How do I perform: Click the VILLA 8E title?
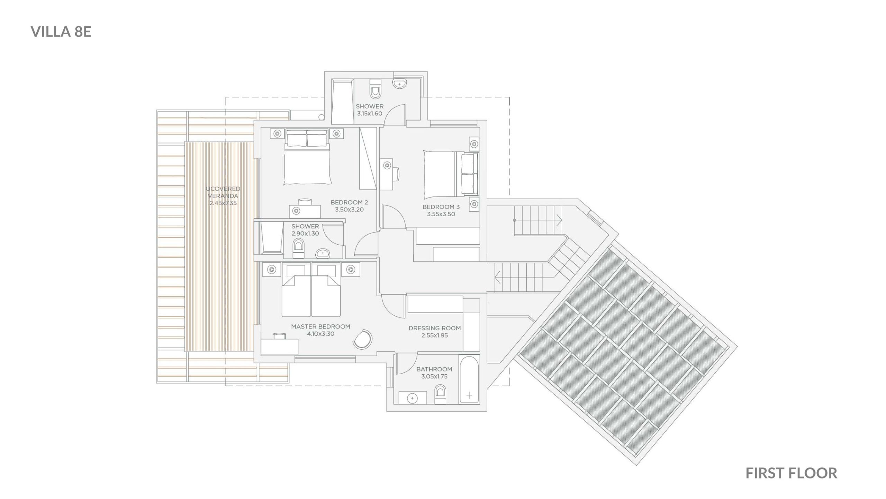point(61,32)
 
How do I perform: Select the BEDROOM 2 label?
point(349,202)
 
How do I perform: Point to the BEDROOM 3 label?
point(441,207)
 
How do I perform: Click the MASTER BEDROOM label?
point(320,326)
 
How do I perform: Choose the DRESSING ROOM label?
point(435,328)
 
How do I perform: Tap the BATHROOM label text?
point(434,369)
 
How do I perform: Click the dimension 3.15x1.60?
point(370,113)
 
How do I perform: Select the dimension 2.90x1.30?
point(305,234)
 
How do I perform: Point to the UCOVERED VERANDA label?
point(223,192)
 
